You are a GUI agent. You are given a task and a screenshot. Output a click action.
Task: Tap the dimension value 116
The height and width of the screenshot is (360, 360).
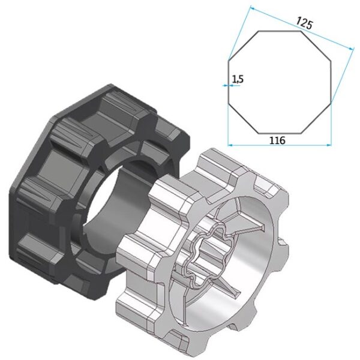pos(277,140)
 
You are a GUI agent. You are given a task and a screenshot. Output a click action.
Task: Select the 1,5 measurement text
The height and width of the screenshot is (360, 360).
pos(237,78)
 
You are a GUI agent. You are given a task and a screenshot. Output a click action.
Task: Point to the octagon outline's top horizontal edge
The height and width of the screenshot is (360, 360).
pos(280,31)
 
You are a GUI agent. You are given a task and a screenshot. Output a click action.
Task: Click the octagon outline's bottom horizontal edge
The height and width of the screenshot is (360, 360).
pos(280,132)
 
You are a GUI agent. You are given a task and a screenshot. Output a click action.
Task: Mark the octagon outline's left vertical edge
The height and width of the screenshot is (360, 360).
pos(229,82)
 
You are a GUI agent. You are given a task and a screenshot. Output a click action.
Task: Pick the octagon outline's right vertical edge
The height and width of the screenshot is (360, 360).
pos(330,82)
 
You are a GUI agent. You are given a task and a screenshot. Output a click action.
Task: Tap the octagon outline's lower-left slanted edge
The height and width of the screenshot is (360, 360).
pos(243,119)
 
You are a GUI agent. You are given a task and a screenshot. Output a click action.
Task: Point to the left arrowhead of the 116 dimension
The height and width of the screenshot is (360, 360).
pos(232,144)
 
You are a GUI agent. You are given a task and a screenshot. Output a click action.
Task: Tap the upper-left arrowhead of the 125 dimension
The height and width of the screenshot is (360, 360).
pos(251,8)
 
